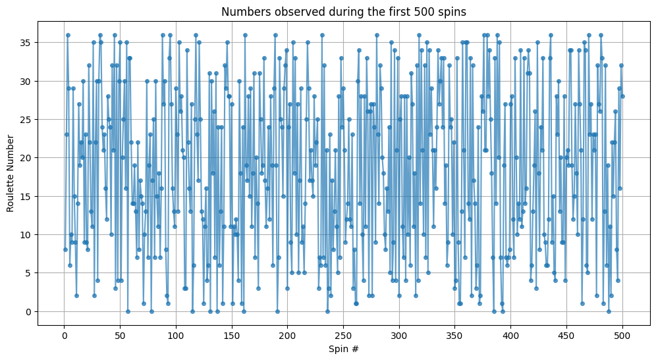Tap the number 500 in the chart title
402,12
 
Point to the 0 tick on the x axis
64,334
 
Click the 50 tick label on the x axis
120,334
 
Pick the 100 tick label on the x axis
176,334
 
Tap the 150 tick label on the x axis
231,334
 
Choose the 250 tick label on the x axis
343,334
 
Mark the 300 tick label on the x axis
399,334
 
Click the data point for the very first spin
65,249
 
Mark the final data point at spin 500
622,96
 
